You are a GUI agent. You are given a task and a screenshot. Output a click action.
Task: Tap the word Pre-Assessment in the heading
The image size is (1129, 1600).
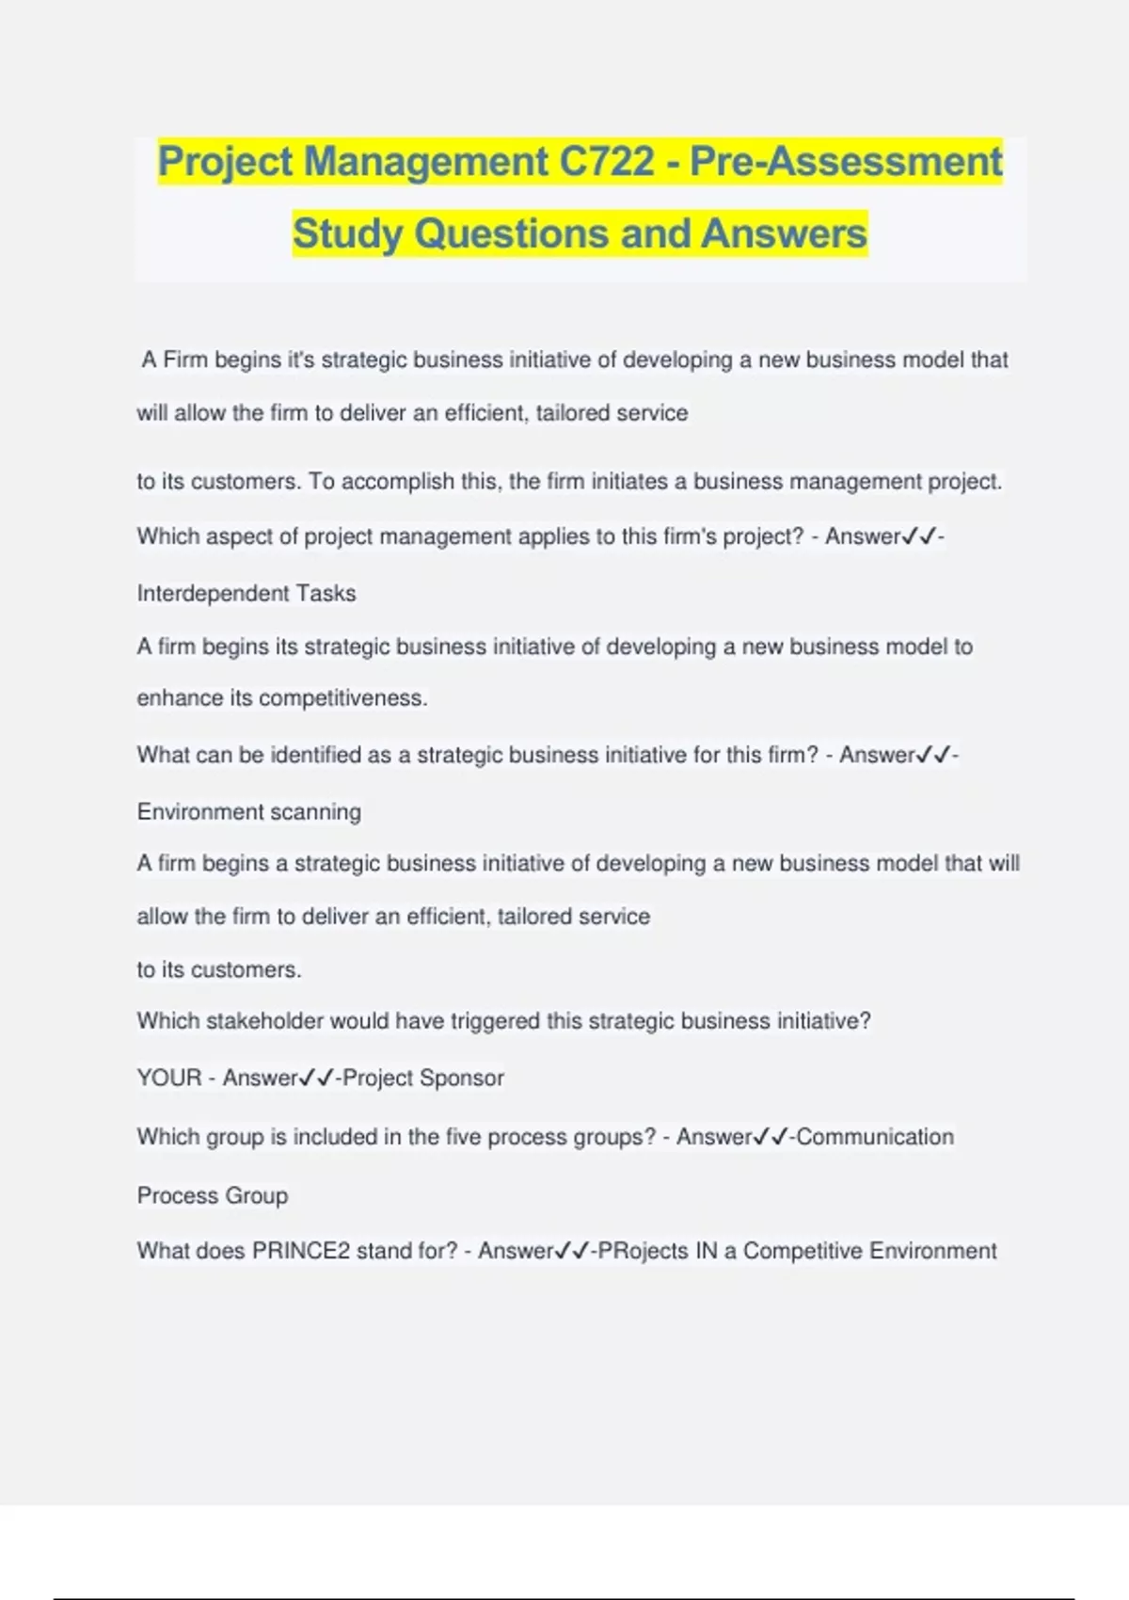[846, 161]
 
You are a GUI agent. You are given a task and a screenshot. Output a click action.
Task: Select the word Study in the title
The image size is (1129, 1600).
[347, 233]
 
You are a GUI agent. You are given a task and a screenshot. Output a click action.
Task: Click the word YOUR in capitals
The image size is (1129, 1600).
[169, 1078]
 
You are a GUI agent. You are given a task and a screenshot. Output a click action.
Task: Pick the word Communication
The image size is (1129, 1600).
[875, 1137]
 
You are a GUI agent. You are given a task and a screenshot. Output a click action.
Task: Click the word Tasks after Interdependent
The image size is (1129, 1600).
[326, 593]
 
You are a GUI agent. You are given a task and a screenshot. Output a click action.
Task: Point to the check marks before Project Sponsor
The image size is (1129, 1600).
[316, 1078]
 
